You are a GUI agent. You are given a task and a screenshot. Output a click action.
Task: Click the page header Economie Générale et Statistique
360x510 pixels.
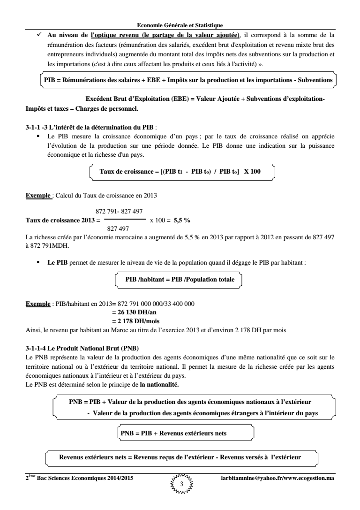180,24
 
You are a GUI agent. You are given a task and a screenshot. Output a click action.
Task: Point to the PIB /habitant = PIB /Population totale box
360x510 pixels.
180,266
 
